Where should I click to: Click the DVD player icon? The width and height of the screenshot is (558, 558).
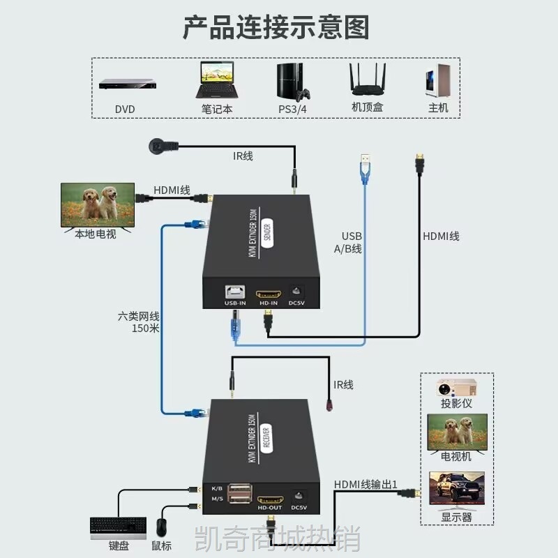click(128, 84)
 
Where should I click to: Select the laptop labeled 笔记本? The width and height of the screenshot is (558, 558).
click(217, 80)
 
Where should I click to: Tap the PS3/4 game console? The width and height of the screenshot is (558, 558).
click(293, 82)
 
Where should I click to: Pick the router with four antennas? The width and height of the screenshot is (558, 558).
click(368, 80)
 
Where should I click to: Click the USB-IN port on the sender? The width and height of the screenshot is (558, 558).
click(235, 292)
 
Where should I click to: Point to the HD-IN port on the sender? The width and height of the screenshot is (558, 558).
click(269, 294)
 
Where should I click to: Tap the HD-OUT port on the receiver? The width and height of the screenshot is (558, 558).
click(270, 499)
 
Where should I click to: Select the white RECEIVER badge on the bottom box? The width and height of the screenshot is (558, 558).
click(266, 438)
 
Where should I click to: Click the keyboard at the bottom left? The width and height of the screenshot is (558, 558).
click(118, 529)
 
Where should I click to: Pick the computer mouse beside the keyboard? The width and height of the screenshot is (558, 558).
click(161, 527)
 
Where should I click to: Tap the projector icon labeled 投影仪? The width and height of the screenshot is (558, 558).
click(457, 388)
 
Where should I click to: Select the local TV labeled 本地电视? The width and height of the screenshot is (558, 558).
click(98, 206)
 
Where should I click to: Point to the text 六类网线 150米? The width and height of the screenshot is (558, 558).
click(139, 322)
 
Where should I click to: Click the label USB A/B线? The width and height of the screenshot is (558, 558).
click(348, 242)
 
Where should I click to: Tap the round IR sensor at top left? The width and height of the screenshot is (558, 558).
click(158, 146)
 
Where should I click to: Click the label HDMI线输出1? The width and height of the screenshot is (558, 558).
click(365, 485)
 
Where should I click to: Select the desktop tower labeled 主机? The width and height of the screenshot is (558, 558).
click(439, 81)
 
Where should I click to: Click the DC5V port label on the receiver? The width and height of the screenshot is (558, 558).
click(299, 508)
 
